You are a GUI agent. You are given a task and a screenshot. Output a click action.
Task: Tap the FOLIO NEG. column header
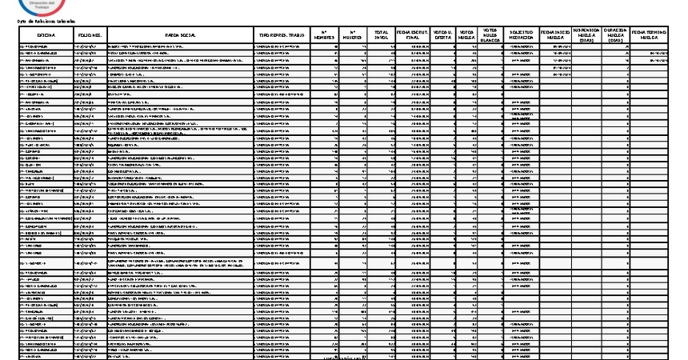[90, 36]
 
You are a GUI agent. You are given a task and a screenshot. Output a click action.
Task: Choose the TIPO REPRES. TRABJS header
[281, 36]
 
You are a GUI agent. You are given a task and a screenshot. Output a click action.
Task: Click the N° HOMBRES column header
[323, 35]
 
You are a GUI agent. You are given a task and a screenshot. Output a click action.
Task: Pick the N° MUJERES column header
[352, 35]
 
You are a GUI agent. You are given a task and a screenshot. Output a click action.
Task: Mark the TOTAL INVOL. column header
[382, 35]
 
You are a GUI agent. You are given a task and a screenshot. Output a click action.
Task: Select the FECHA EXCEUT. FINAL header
[413, 35]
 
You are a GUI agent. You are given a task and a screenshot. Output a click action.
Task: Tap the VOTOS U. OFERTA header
[442, 35]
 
